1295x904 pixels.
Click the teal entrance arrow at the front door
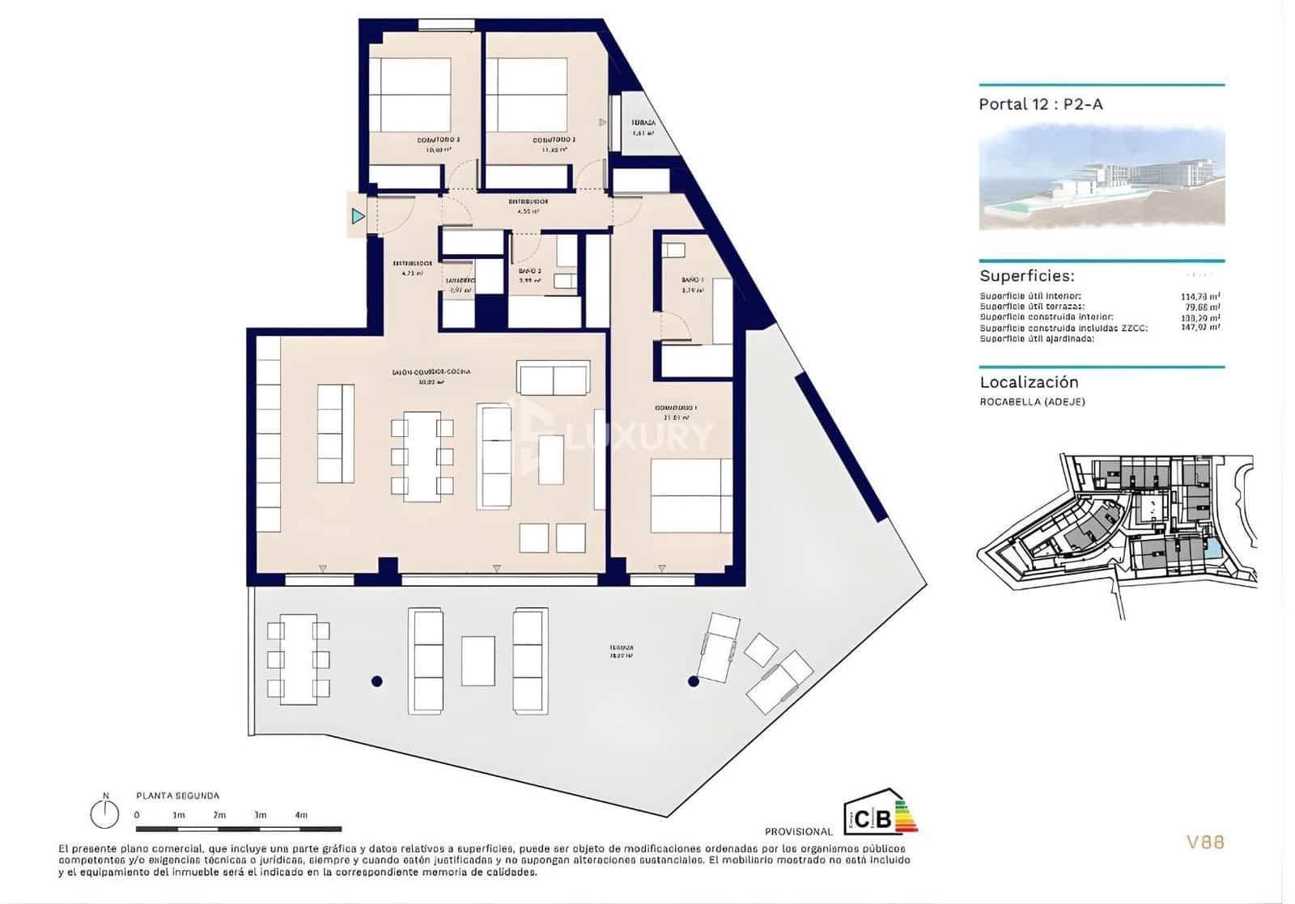click(358, 216)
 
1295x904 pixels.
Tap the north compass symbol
click(104, 813)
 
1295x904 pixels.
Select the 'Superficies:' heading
click(1027, 276)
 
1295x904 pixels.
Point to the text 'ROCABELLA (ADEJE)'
click(1032, 402)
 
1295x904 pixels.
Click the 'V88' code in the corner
click(1205, 842)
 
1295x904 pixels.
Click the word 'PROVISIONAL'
click(798, 831)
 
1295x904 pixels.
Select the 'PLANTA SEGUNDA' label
click(177, 796)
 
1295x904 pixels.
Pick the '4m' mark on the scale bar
click(301, 815)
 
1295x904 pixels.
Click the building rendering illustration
click(1102, 179)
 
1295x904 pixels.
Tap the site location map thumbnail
click(1117, 534)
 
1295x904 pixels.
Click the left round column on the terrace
click(376, 681)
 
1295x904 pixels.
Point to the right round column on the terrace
click(694, 681)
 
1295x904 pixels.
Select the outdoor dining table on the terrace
click(299, 659)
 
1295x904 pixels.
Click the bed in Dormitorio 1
click(690, 495)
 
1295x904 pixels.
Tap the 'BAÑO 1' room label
click(693, 280)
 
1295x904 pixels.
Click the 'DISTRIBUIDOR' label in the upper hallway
click(528, 202)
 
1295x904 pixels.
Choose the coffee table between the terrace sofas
click(478, 660)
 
